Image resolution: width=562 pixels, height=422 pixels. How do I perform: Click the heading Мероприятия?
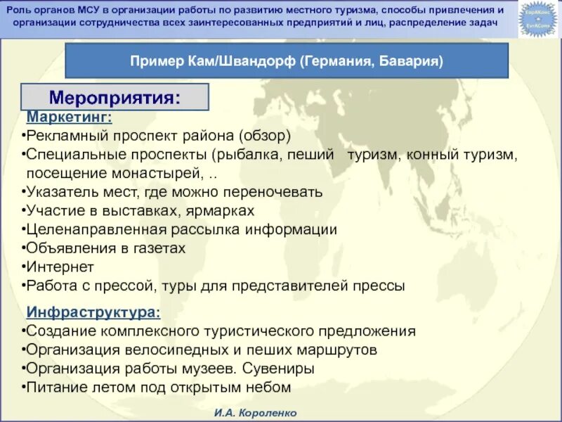(x=115, y=96)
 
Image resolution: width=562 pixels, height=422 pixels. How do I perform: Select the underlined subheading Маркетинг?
(x=69, y=116)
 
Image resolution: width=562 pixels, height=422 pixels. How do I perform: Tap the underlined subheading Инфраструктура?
(x=93, y=312)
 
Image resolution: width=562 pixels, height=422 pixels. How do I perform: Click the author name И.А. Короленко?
(x=256, y=413)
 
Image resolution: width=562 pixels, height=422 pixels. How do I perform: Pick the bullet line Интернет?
(x=59, y=267)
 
